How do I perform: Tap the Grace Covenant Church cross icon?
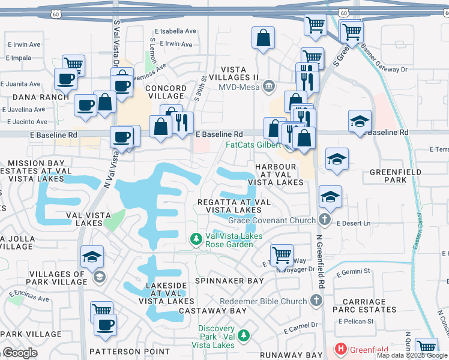click(x=325, y=220)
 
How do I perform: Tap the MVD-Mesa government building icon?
click(x=269, y=86)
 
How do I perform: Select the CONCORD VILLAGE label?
click(x=166, y=92)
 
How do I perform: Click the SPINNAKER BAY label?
click(x=229, y=280)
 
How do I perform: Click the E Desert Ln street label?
click(x=354, y=223)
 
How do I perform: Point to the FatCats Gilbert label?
click(x=253, y=145)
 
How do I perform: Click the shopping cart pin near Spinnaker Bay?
click(x=281, y=255)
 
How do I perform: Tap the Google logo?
click(x=20, y=353)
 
